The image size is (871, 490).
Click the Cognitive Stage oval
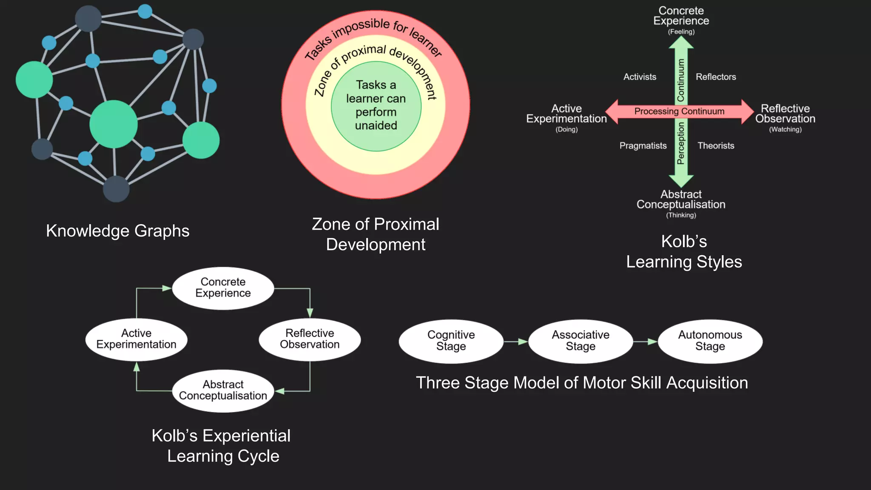coord(451,341)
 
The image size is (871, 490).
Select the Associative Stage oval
coord(581,341)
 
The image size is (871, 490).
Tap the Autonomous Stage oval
coord(710,341)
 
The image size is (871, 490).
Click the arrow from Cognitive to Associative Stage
coord(516,342)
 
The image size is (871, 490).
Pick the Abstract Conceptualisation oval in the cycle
coord(223,390)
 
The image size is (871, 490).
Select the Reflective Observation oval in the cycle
coord(310,339)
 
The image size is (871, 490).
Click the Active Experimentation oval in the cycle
coord(136,339)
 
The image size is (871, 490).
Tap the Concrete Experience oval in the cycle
coord(223,288)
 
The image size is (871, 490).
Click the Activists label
coord(640,77)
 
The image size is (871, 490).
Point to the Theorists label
coord(716,146)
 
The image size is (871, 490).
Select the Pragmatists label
coord(643,146)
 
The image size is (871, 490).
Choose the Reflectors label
coord(716,77)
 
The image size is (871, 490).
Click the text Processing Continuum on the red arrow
coord(679,111)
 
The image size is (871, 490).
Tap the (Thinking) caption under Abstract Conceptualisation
coord(681,215)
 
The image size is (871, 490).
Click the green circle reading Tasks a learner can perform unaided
coord(376,106)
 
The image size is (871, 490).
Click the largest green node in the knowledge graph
coord(114,124)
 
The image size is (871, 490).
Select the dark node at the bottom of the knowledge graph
coord(116,189)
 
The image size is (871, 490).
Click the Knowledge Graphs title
coord(118,231)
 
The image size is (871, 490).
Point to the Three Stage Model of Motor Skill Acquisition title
coord(581,383)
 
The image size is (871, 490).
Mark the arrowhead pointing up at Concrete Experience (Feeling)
coord(681,42)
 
